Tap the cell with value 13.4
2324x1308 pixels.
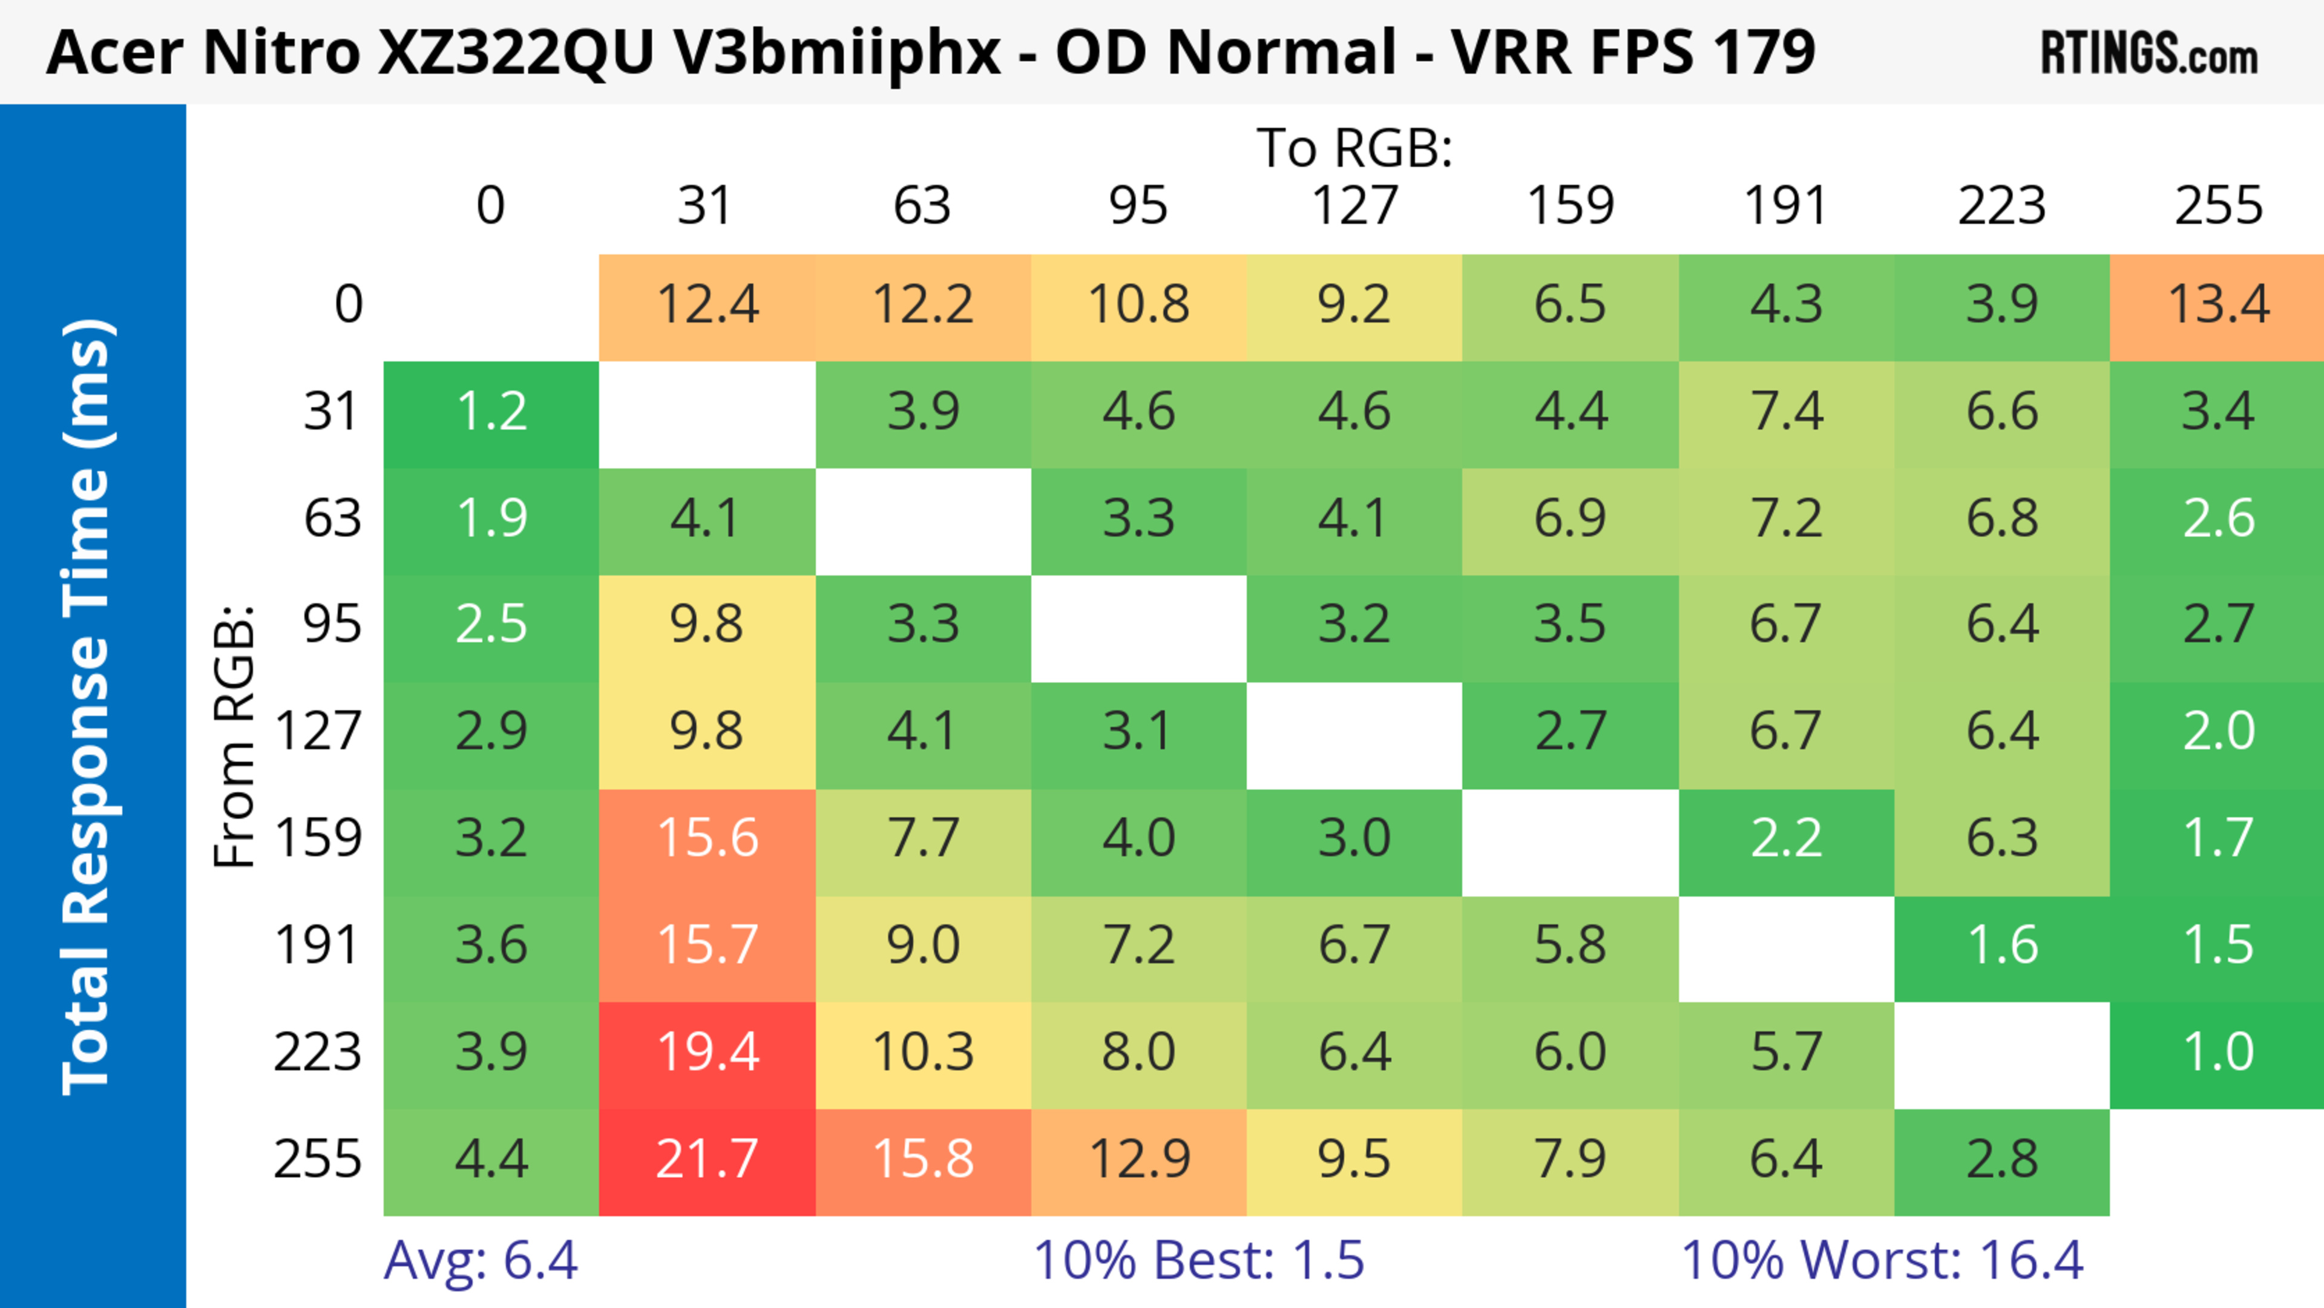click(x=2217, y=305)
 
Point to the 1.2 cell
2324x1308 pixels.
click(x=491, y=412)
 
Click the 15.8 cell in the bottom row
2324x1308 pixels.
click(x=923, y=1160)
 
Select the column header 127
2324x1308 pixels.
click(x=1354, y=206)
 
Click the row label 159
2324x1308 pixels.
click(x=318, y=839)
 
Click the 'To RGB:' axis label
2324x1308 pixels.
click(x=1354, y=149)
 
